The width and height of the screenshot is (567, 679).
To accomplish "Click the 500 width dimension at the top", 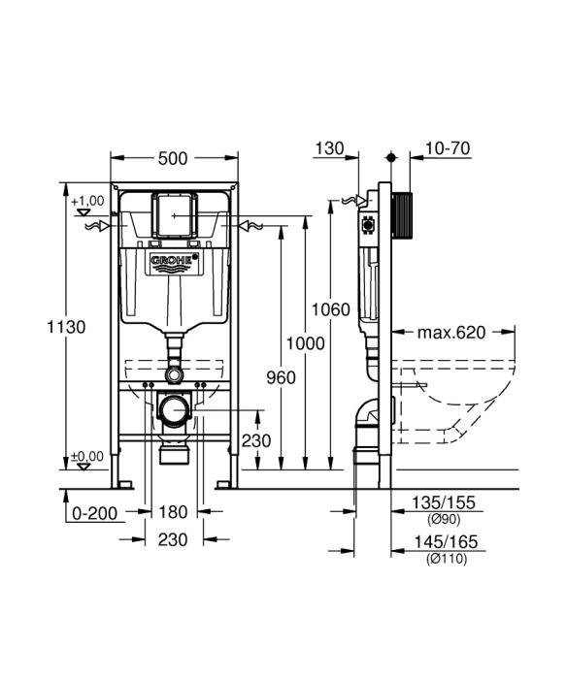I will click(x=175, y=157).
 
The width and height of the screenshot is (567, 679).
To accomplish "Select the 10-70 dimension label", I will click(x=448, y=148).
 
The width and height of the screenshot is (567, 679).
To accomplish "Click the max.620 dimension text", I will click(x=450, y=333).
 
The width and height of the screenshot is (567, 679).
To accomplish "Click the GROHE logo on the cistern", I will click(x=174, y=263).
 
